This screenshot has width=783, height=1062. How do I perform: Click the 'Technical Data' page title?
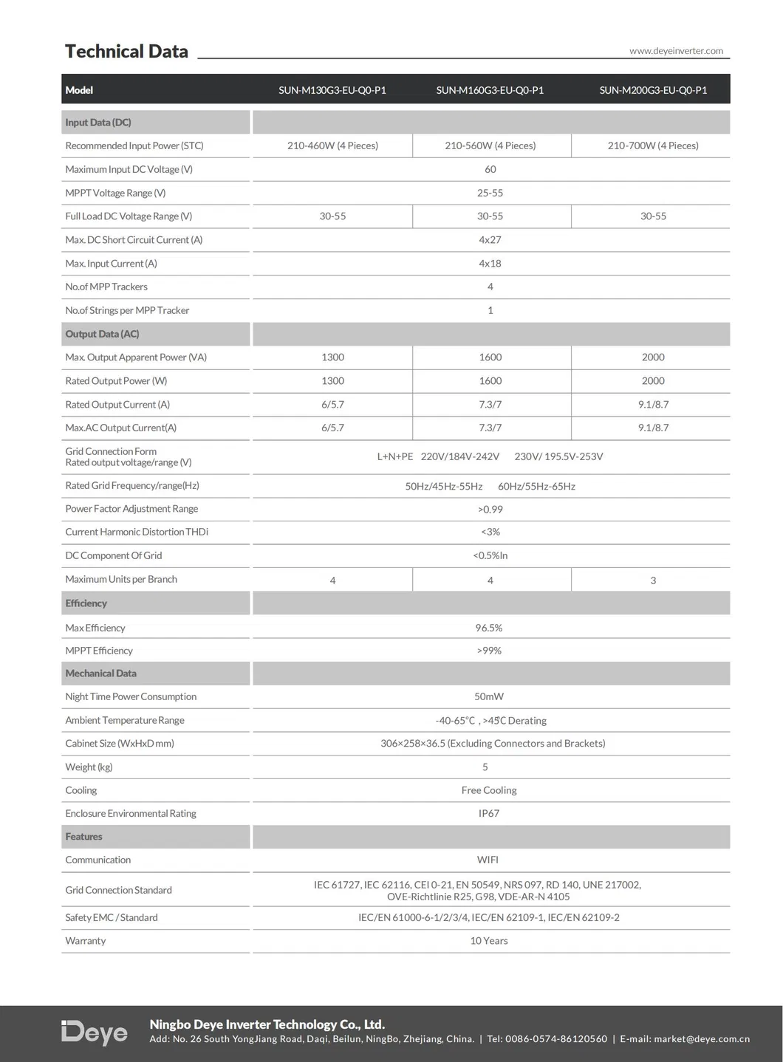point(126,52)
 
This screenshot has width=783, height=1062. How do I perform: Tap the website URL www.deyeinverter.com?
point(676,51)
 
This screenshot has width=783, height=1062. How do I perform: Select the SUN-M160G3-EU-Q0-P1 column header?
point(490,90)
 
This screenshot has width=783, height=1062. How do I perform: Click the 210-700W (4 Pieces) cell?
point(653,145)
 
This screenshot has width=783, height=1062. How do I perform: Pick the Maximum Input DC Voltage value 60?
point(490,169)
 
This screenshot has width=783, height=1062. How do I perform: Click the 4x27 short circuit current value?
point(490,240)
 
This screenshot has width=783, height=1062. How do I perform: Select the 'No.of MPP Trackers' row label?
point(106,287)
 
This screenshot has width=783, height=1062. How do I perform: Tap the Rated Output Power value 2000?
point(653,381)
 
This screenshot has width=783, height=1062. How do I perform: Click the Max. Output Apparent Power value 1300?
point(332,357)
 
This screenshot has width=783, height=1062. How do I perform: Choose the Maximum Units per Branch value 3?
point(653,580)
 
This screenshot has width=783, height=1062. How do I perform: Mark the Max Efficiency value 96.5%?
point(489,628)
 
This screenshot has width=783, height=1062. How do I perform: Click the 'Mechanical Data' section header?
point(100,674)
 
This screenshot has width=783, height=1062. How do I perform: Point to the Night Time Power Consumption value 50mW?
point(489,696)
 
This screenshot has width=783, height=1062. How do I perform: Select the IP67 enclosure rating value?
point(489,813)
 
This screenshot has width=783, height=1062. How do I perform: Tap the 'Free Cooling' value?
point(489,790)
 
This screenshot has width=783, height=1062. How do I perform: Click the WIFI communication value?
point(488,860)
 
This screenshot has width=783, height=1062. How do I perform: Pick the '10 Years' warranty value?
point(489,941)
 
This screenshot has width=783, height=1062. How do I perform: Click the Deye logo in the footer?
point(95,1032)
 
